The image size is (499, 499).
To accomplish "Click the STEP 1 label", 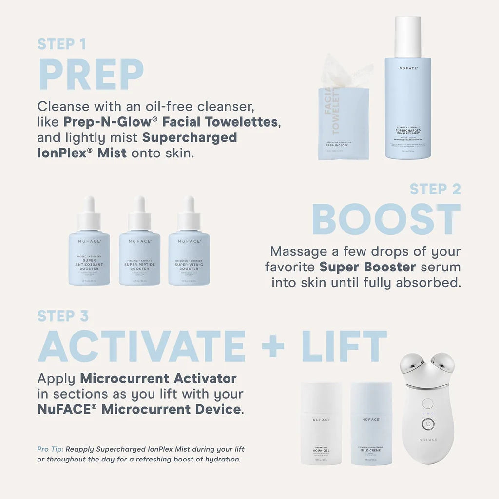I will (x=62, y=44).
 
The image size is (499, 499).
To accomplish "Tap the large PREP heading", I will (x=91, y=75).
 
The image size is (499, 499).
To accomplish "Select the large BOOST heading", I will (x=386, y=220).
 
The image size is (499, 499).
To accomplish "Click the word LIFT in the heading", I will (x=344, y=347).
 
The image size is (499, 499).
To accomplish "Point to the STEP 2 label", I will (x=435, y=189).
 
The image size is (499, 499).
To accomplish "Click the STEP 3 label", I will (x=63, y=316).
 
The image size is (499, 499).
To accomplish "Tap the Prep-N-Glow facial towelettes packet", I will (x=343, y=122).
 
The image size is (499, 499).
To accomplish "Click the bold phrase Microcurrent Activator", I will (x=158, y=378).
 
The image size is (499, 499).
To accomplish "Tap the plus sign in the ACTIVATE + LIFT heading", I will (x=273, y=347).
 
